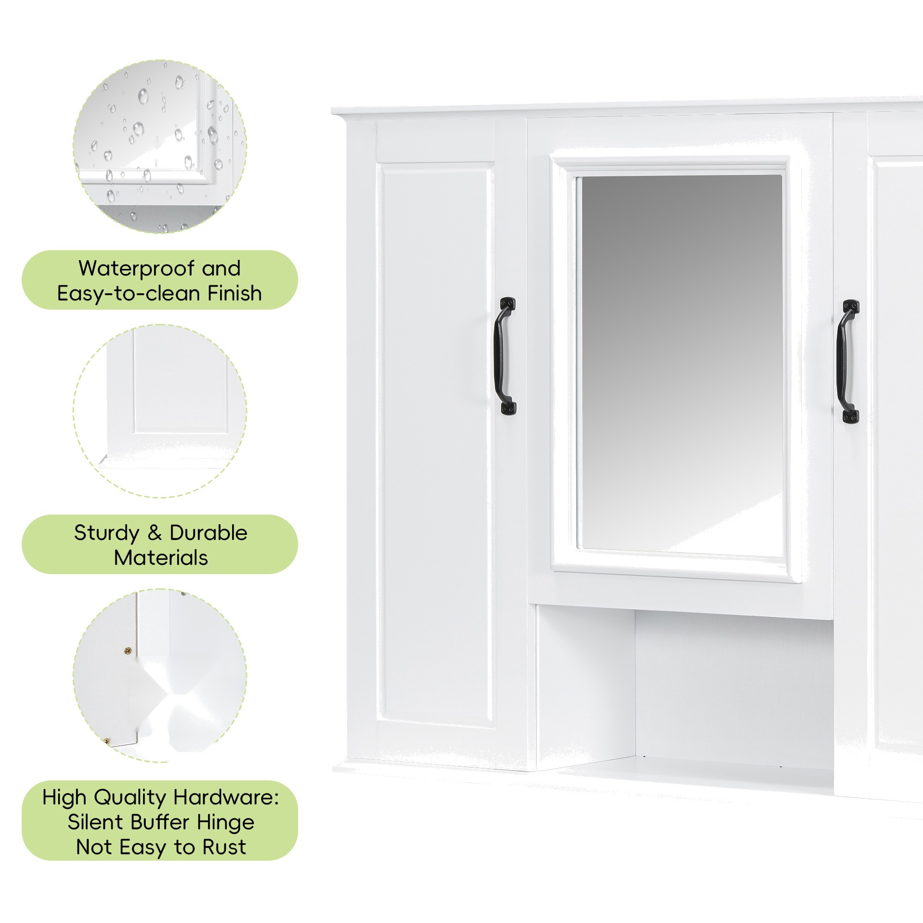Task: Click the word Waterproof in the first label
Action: pos(136,269)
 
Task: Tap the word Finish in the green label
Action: pos(234,294)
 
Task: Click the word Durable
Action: pos(208,533)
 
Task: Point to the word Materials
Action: pos(161,557)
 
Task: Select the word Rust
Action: pos(224,847)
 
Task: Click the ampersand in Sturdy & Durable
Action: pos(154,533)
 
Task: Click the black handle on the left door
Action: pos(505,356)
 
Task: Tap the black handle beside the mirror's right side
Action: pos(847,362)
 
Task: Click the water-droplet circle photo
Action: pos(160,147)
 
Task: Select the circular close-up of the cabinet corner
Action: pos(160,411)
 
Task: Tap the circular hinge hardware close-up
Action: pos(160,676)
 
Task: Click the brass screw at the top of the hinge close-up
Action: pos(127,650)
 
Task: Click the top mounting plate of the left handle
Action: pos(507,303)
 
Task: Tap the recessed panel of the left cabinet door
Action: pos(436,444)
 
